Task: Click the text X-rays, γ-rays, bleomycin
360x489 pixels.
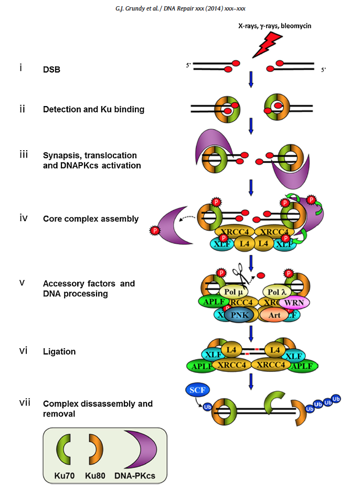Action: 277,25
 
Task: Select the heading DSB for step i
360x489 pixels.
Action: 51,69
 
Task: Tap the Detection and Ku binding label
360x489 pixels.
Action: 93,110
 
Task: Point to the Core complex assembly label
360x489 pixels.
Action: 91,219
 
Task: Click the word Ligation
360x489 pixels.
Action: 59,351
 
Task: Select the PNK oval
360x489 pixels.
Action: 239,315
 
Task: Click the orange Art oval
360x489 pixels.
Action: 276,315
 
